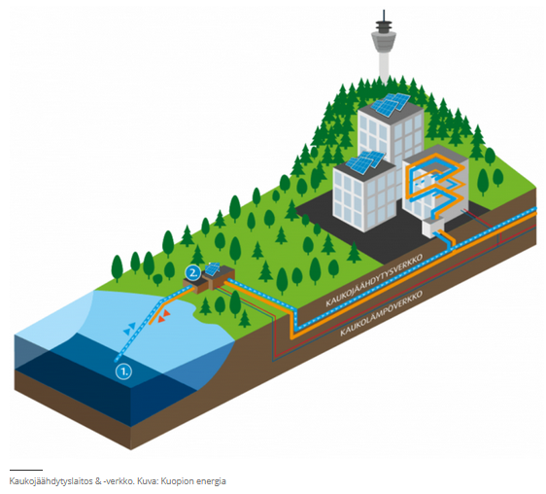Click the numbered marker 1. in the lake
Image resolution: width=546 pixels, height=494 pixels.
point(124,370)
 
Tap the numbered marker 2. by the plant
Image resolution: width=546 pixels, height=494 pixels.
point(192,273)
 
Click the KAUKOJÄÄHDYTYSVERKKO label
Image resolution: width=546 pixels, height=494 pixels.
point(374,280)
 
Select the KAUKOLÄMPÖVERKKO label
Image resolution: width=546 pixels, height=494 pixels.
point(381,313)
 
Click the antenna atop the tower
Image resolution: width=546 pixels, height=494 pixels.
point(384,15)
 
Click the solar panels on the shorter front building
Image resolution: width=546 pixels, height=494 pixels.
point(365,162)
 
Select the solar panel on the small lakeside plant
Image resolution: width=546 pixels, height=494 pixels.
point(212,268)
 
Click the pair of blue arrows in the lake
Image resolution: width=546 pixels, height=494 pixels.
point(129,329)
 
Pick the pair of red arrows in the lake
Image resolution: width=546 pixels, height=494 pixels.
point(163,316)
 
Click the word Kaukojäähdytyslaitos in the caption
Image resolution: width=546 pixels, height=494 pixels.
point(51,481)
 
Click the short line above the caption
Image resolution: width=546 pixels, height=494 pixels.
point(26,470)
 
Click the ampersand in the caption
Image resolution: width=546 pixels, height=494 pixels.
point(98,481)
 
